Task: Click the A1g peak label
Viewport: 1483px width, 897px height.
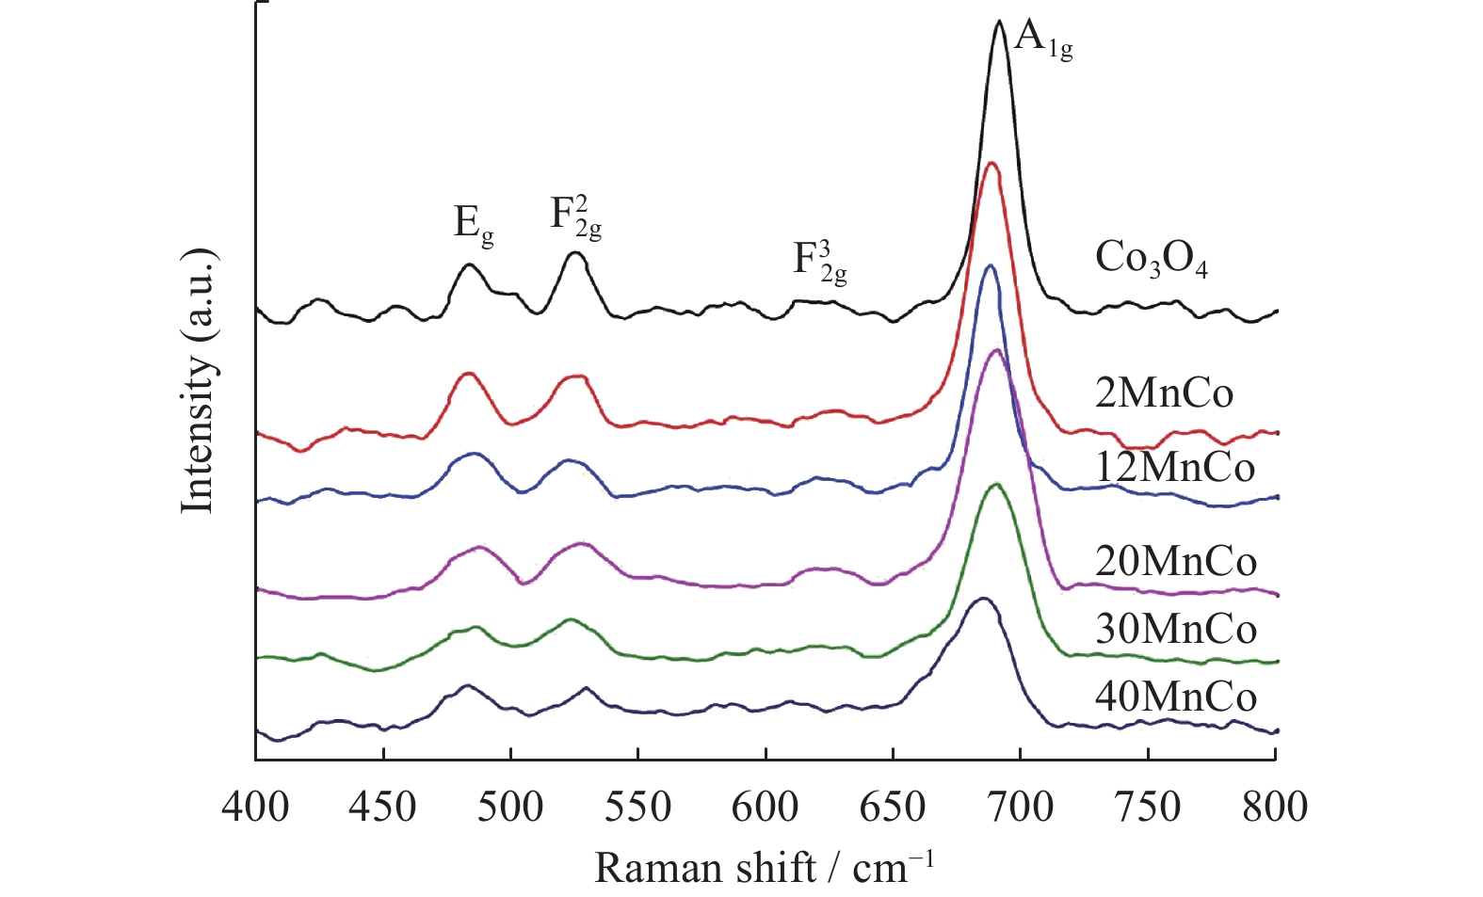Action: tap(1043, 40)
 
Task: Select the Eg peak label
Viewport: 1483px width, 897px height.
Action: tap(474, 225)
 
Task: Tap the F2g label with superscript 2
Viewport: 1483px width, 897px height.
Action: tap(575, 217)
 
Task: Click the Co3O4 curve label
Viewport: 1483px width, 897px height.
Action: tap(1151, 259)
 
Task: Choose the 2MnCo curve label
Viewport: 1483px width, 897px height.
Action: tap(1164, 392)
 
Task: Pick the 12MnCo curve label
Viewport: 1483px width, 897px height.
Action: tap(1175, 468)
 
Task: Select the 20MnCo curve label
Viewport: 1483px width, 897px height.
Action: tap(1176, 562)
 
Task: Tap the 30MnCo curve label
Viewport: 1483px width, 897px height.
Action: tap(1176, 629)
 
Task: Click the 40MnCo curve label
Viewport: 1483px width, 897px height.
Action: tap(1176, 697)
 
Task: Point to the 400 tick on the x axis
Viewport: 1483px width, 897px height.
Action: tap(255, 808)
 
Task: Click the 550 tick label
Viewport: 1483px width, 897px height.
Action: tap(638, 808)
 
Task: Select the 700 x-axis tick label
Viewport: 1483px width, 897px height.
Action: tap(1021, 808)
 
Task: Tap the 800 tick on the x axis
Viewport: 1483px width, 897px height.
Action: tap(1275, 808)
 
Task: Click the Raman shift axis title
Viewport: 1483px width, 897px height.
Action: tap(764, 868)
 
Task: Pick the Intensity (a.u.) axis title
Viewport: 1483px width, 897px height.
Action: tap(199, 381)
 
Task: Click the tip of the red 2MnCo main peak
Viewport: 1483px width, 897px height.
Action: tap(991, 163)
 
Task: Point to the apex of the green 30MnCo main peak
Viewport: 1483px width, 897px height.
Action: tap(995, 484)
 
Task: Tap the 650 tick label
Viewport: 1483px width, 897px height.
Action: tap(893, 808)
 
